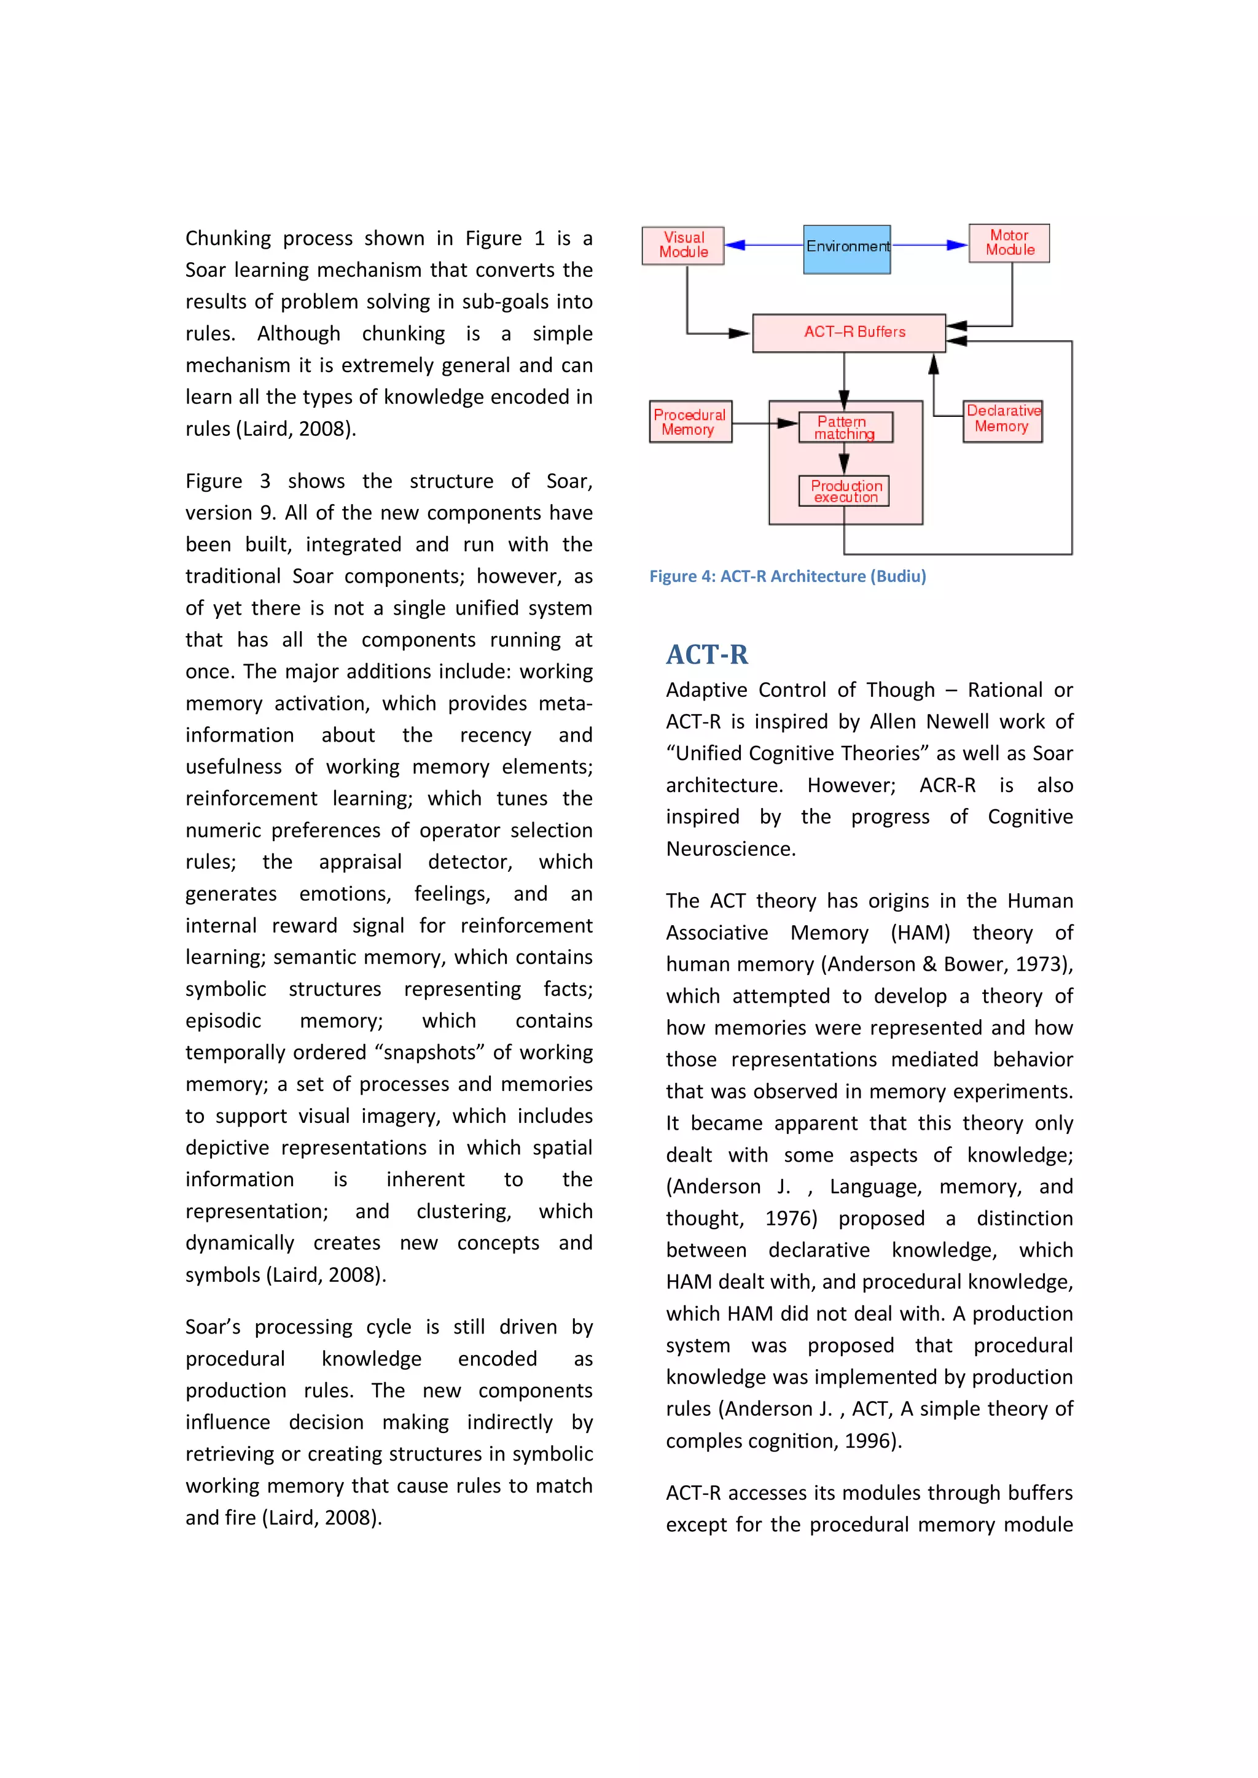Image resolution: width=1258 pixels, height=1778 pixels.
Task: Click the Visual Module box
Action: tap(682, 246)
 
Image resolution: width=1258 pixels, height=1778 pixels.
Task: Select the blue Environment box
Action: tap(846, 249)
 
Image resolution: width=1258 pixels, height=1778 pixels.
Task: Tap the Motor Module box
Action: tap(1009, 243)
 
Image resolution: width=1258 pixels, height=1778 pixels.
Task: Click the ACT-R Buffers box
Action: tap(848, 333)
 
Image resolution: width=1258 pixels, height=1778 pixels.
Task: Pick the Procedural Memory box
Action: tap(690, 422)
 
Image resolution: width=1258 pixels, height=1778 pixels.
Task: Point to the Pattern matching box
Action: tap(845, 427)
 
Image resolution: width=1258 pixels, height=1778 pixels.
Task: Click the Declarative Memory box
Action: tap(1002, 421)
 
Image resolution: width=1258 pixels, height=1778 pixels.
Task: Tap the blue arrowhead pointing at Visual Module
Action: tap(735, 246)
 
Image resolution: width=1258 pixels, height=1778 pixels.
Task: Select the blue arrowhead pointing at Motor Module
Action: tap(958, 246)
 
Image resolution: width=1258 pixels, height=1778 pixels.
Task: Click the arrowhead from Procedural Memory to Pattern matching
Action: tap(788, 423)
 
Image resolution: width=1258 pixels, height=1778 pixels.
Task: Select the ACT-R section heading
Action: tap(706, 654)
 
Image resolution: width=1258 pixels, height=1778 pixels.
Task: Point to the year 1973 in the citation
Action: tap(1037, 964)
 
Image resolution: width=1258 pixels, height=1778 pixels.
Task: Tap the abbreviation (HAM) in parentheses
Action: tap(920, 933)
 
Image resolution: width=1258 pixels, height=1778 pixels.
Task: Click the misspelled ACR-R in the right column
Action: tap(947, 785)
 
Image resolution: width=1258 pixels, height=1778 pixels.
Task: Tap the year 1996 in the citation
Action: tap(869, 1440)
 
